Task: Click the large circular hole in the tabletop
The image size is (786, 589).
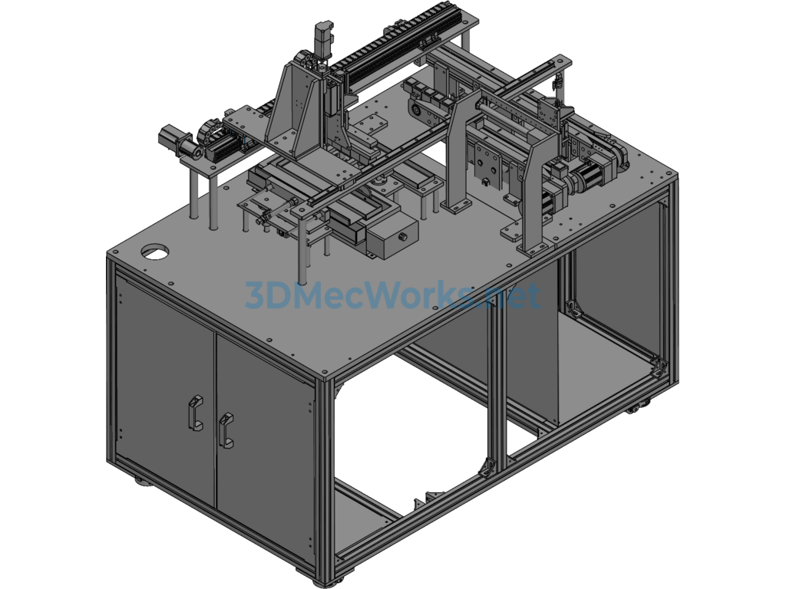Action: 154,252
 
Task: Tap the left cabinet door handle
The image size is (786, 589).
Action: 195,413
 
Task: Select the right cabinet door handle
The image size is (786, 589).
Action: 226,429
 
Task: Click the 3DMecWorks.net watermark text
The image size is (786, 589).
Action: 392,296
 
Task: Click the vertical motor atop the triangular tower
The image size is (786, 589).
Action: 322,40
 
